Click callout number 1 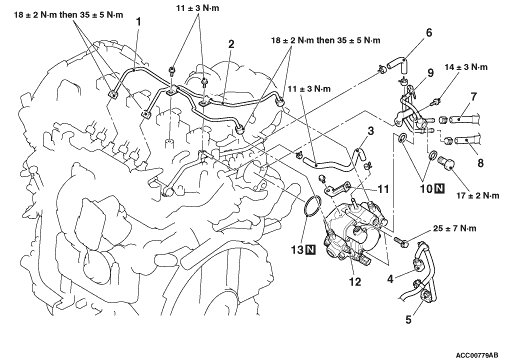pos(138,22)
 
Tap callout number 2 pos(231,44)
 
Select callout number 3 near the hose pos(371,131)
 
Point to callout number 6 pos(429,33)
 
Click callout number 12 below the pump pos(355,282)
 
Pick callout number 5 pos(408,319)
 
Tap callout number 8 pos(480,163)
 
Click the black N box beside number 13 pos(310,249)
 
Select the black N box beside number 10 pos(440,189)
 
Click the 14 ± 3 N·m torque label pos(466,67)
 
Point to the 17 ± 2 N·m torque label pos(478,196)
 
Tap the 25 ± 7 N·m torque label pos(455,228)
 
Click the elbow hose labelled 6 pos(398,64)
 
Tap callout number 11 pos(383,189)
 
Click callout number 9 pos(430,73)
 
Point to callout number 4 pos(390,278)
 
